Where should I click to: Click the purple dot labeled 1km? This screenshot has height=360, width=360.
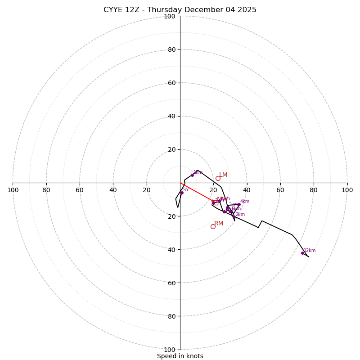[x=192, y=175]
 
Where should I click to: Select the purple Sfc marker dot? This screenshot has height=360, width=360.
[x=182, y=193]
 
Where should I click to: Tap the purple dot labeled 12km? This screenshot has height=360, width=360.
[x=302, y=253]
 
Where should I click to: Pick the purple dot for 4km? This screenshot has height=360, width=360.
[x=239, y=204]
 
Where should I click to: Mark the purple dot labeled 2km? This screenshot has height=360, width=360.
[x=234, y=217]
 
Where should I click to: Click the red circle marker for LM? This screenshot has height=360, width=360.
[x=218, y=178]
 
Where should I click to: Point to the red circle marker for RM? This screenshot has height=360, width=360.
[x=213, y=226]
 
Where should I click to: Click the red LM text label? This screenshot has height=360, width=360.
[x=223, y=175]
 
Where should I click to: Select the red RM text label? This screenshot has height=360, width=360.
[x=219, y=224]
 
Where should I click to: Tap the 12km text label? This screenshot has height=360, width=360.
[x=310, y=251]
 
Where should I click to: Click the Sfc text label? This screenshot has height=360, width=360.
[x=186, y=190]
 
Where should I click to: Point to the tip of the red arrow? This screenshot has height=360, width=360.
[x=215, y=201]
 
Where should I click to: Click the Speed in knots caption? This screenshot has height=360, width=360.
[x=180, y=356]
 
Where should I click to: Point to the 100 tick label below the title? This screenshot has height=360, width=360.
[x=170, y=17]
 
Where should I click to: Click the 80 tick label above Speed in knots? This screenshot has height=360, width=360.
[x=171, y=316]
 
